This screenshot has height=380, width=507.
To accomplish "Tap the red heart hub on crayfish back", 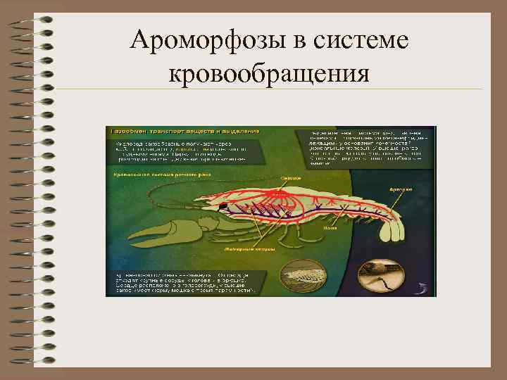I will click(x=289, y=190).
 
